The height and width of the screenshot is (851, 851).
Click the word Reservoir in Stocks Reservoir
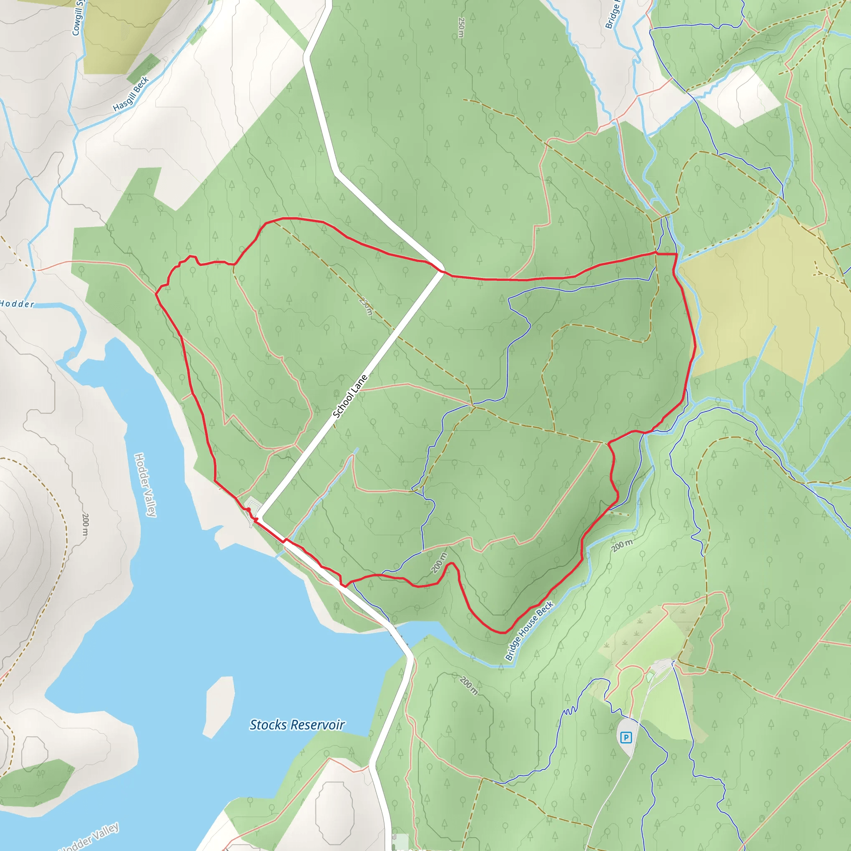(x=317, y=725)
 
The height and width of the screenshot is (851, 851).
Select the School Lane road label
(x=350, y=396)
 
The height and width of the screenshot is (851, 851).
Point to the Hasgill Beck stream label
(x=131, y=94)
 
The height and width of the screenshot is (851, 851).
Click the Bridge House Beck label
(x=529, y=631)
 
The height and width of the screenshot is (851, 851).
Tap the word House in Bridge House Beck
(x=528, y=632)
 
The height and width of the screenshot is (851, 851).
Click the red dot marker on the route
(x=248, y=509)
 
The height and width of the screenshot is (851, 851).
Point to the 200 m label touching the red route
(x=439, y=563)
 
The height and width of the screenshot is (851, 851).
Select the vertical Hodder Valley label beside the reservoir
(x=145, y=485)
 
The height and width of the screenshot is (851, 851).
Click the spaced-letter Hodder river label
(x=17, y=304)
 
